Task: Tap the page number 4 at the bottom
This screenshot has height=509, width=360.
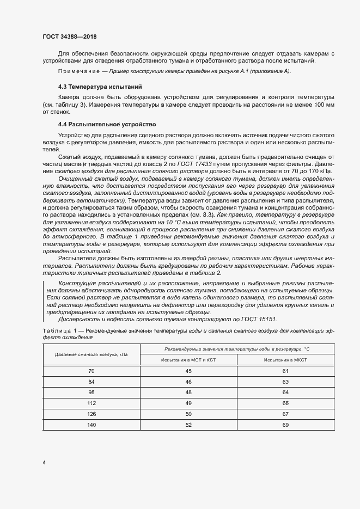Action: (x=44, y=462)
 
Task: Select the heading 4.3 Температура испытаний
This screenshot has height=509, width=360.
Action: (x=100, y=87)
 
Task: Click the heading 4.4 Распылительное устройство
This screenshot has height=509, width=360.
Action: (x=107, y=125)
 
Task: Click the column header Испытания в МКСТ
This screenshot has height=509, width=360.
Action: (x=285, y=360)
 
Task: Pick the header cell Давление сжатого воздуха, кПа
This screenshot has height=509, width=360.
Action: (x=91, y=354)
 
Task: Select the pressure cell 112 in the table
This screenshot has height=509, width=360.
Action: (x=91, y=403)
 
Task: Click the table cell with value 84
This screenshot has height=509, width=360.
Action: (x=91, y=382)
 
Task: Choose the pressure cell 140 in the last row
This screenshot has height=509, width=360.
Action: (x=91, y=424)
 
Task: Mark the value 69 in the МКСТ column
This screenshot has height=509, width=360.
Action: (x=285, y=424)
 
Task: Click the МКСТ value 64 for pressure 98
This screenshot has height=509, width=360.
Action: (x=285, y=393)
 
